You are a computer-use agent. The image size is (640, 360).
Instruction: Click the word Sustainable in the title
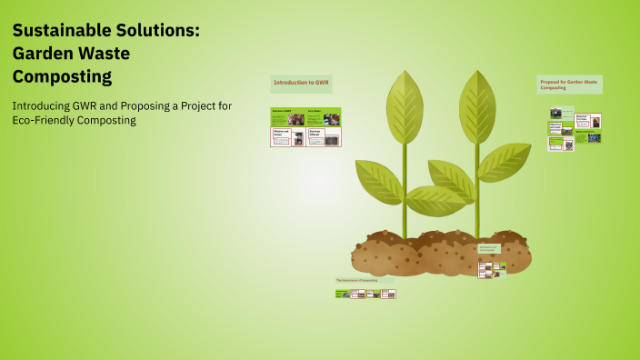tap(63, 31)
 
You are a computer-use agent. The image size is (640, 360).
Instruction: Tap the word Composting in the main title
tap(62, 76)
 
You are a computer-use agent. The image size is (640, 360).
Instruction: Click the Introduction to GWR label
tap(301, 83)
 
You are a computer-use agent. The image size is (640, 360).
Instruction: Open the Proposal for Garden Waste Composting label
tap(569, 85)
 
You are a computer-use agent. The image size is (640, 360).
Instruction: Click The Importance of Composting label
tap(357, 280)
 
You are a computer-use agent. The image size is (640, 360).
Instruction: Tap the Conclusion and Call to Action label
tap(489, 248)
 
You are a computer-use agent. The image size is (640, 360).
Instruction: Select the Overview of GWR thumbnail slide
tap(287, 116)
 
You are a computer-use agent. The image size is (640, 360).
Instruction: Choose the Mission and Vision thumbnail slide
tap(287, 137)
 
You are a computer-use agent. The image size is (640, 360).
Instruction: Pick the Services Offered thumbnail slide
tap(323, 137)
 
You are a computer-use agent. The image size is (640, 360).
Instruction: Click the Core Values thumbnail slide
tap(323, 116)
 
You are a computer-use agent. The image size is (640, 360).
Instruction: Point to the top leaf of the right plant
tap(476, 105)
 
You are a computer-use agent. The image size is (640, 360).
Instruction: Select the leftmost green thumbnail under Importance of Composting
tap(342, 294)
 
